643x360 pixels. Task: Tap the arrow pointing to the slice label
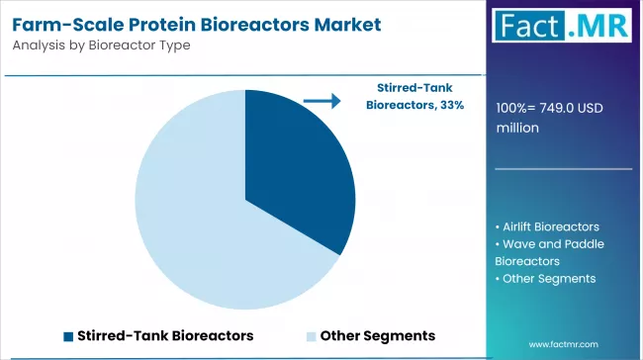point(321,99)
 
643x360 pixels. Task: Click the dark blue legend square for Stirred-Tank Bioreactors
point(68,335)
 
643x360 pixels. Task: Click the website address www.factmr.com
point(565,344)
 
